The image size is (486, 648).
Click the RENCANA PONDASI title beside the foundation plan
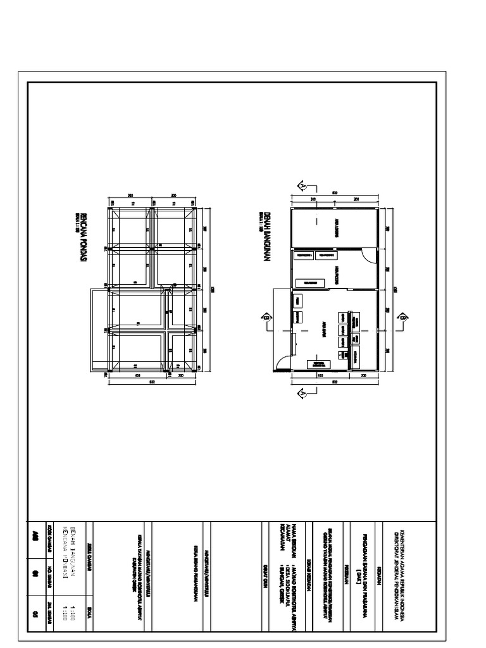pos(83,232)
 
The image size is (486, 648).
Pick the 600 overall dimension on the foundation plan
pos(152,382)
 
